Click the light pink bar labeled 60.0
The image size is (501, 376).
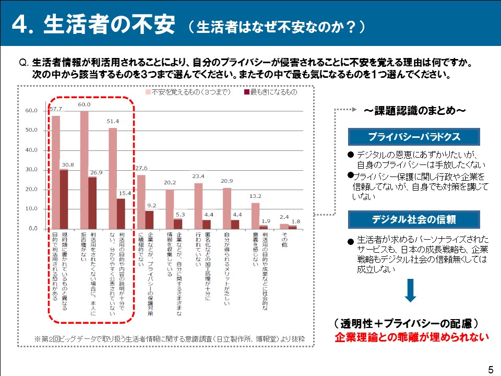[x=85, y=170]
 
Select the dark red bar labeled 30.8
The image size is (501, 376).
[x=64, y=199]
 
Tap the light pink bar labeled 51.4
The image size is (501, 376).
[x=113, y=179]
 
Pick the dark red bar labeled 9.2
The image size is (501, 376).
[x=149, y=220]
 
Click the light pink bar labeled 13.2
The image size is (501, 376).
[x=255, y=216]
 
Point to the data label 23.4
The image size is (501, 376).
[x=198, y=176]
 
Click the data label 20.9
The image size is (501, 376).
[x=227, y=181]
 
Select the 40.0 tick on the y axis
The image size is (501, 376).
[x=31, y=150]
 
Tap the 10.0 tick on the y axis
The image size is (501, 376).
[x=31, y=209]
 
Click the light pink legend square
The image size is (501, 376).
[x=148, y=92]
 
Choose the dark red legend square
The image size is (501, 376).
[x=247, y=92]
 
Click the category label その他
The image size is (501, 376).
[x=284, y=240]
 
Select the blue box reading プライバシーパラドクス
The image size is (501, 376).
[x=414, y=137]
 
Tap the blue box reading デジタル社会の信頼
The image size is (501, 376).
[x=414, y=219]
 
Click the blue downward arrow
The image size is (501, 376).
[x=411, y=290]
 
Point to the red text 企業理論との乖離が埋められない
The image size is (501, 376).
[x=412, y=337]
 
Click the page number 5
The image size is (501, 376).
[x=491, y=369]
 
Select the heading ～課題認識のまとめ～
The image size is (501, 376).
[x=415, y=111]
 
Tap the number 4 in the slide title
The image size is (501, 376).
[x=20, y=25]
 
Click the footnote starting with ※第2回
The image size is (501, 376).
[x=170, y=338]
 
